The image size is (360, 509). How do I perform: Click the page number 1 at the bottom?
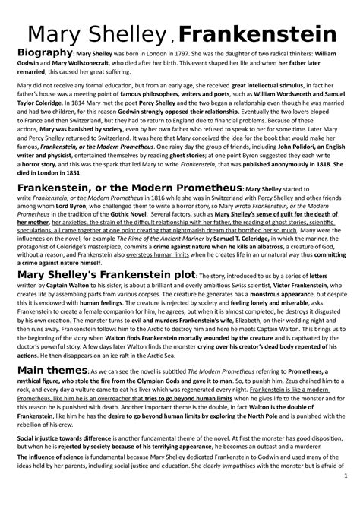tap(345, 498)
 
